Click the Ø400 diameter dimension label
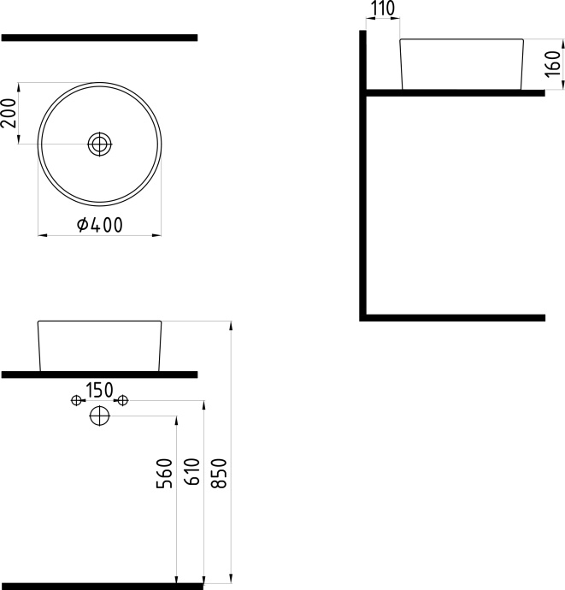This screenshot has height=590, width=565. [100, 225]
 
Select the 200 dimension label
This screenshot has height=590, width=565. [9, 113]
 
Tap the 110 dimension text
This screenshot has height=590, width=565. [383, 9]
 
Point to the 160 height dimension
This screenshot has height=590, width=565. [552, 64]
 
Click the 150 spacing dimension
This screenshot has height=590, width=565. [99, 390]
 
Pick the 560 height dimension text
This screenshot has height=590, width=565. [164, 473]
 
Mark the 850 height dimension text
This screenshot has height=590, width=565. [219, 473]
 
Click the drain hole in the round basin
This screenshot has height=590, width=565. [100, 145]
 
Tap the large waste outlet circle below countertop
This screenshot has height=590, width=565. [99, 416]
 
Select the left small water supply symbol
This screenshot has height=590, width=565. [76, 400]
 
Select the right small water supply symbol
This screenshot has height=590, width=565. [122, 400]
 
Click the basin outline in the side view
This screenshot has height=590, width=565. [462, 39]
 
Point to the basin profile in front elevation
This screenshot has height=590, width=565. [100, 322]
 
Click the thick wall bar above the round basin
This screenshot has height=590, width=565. [99, 38]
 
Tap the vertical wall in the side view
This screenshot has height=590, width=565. [362, 176]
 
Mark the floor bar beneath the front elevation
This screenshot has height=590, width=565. [102, 587]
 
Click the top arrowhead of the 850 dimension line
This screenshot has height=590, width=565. [231, 326]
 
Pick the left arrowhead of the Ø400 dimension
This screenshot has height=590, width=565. [43, 235]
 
